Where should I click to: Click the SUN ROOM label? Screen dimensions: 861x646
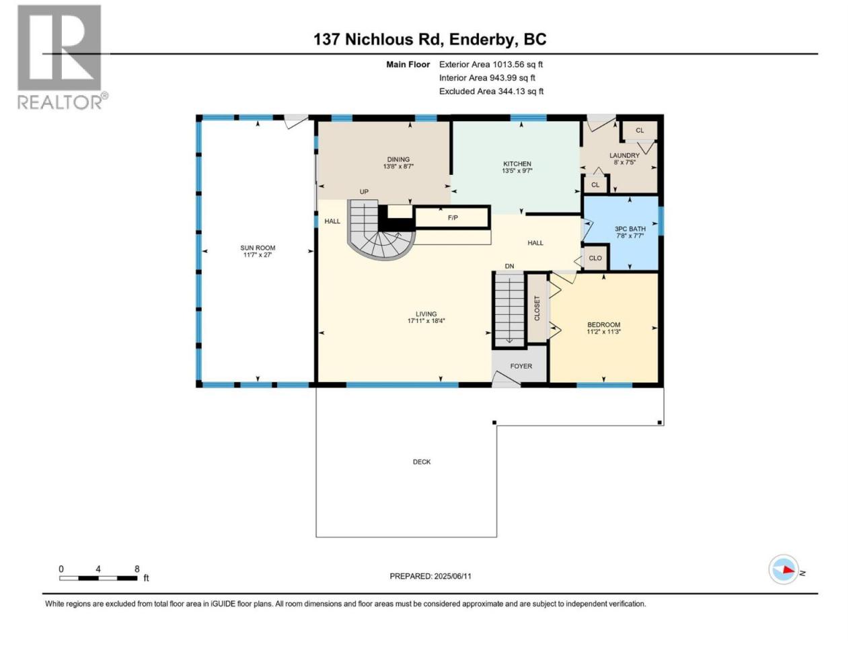[x=258, y=248]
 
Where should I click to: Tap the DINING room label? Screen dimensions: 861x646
[x=398, y=159]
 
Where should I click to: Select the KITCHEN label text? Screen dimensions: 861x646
[x=517, y=164]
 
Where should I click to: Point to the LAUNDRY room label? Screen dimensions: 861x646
[x=624, y=155]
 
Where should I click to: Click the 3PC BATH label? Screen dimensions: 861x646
[x=630, y=229]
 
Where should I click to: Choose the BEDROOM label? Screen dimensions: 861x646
[x=603, y=325]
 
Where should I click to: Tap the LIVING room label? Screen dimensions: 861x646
[x=426, y=314]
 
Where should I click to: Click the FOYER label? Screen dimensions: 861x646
[x=521, y=366]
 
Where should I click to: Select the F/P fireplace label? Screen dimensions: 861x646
[x=453, y=217]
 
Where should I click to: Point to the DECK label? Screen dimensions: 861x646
[x=422, y=462]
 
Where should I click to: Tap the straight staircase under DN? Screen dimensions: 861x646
[x=509, y=310]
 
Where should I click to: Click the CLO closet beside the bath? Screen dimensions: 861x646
[x=595, y=258]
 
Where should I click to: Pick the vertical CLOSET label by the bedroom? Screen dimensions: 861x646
[x=537, y=308]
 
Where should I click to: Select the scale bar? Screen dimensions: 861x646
[x=98, y=578]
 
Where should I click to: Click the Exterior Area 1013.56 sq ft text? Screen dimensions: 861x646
[x=491, y=65]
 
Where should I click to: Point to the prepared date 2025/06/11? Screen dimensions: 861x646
[x=452, y=576]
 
